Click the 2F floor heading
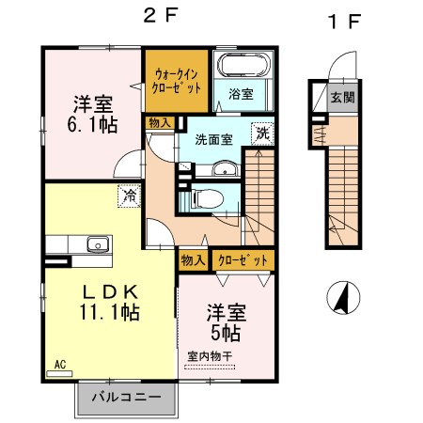tap(158, 17)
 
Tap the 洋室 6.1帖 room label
tap(91, 113)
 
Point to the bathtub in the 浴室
tap(243, 68)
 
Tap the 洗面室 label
tap(213, 139)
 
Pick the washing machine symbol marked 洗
tap(263, 134)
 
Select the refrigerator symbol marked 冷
tap(127, 196)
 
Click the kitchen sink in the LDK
tap(96, 244)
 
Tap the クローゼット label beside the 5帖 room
tap(242, 260)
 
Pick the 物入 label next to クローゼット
tap(193, 260)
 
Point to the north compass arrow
tap(343, 300)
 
